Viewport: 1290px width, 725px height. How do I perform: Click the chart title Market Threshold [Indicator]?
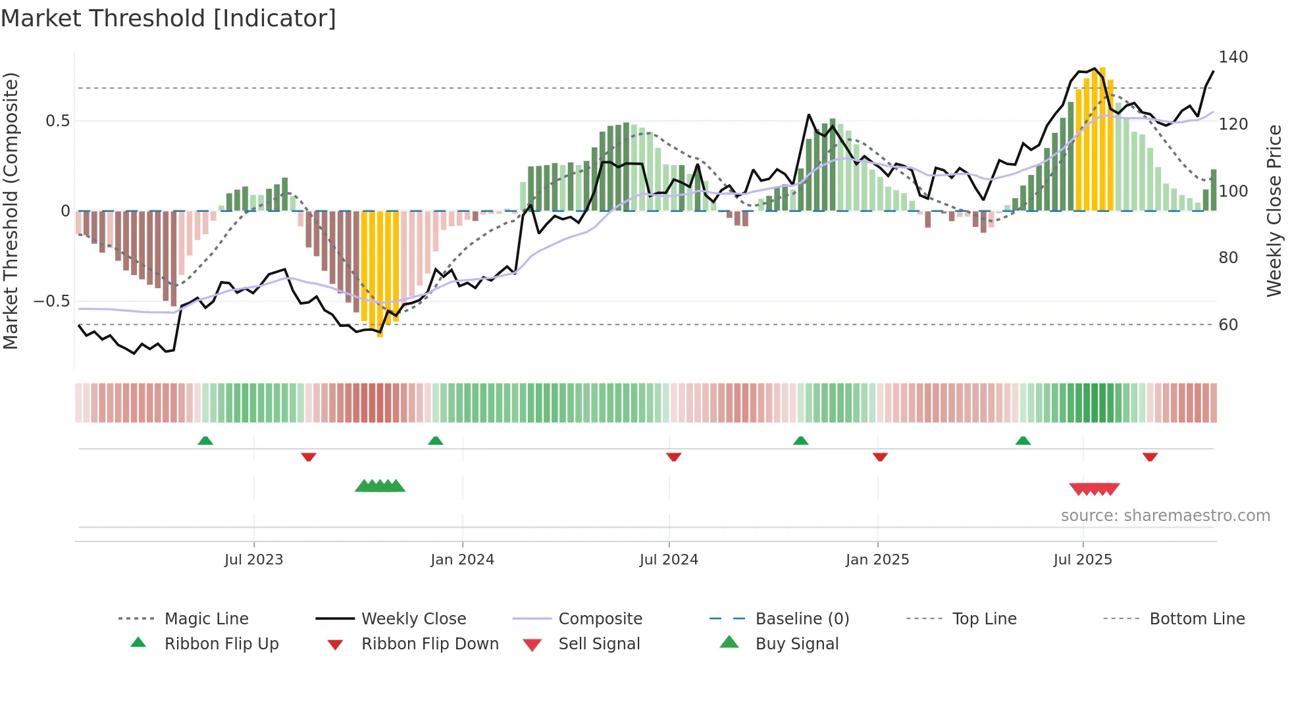click(x=168, y=18)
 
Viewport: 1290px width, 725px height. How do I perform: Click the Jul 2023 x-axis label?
click(x=253, y=559)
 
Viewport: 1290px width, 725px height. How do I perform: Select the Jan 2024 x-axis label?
click(x=462, y=559)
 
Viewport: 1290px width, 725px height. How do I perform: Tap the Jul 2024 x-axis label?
click(x=669, y=559)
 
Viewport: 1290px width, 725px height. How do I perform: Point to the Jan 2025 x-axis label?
click(x=877, y=559)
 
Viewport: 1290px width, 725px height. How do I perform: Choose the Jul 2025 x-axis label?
click(x=1083, y=559)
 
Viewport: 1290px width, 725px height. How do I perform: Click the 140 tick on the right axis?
click(x=1233, y=57)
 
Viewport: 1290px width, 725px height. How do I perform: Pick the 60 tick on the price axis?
click(x=1228, y=324)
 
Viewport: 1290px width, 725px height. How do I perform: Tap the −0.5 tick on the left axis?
click(x=52, y=301)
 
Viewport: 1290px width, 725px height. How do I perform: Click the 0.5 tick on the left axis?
click(x=57, y=121)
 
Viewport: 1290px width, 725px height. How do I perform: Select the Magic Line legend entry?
click(x=206, y=618)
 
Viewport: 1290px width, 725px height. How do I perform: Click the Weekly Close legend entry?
click(x=413, y=618)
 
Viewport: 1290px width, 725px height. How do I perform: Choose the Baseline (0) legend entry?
click(x=802, y=618)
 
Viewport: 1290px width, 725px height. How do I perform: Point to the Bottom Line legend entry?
click(x=1197, y=618)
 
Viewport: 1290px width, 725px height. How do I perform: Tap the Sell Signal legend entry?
click(x=599, y=643)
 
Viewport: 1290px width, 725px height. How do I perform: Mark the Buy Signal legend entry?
click(x=796, y=643)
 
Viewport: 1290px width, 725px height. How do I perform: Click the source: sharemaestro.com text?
click(x=1165, y=515)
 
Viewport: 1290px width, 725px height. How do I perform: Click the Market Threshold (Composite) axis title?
click(x=11, y=211)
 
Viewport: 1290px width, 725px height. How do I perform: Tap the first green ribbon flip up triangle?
click(x=205, y=441)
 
